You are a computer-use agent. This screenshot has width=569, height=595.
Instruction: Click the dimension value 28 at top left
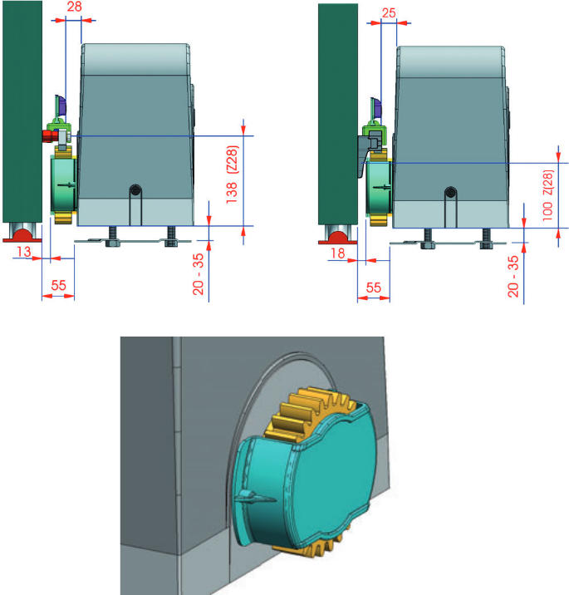74,7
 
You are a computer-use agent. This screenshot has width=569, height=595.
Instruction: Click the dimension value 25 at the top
389,13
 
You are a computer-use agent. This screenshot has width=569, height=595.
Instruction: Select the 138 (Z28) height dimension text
232,175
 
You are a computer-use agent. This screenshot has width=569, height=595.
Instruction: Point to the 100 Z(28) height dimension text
547,195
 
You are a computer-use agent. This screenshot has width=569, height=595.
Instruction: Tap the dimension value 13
23,251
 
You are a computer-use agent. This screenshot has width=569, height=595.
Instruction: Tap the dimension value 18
337,253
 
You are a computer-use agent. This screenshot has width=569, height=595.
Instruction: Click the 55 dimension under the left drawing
58,285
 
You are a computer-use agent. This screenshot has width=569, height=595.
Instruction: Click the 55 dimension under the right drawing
374,288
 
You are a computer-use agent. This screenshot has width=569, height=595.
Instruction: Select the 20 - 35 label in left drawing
198,274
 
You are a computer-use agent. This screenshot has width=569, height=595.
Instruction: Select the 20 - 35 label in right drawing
513,276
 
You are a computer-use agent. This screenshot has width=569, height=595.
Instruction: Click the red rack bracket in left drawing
48,135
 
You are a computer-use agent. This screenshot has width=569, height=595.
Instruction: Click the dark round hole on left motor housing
135,189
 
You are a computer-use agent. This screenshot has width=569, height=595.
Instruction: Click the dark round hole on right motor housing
450,192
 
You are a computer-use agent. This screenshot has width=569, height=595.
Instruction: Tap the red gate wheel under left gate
22,236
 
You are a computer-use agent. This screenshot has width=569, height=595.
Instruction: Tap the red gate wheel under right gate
337,238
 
